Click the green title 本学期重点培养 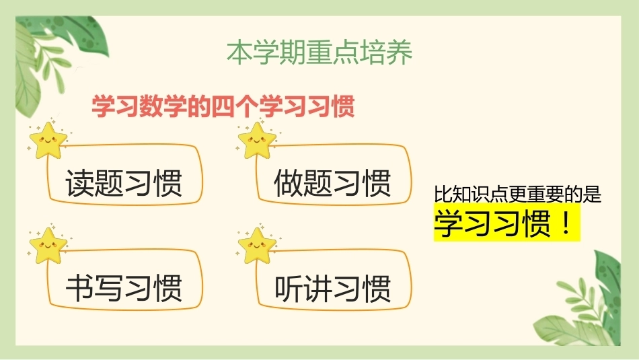point(319,52)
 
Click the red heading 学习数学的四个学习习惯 point(223,106)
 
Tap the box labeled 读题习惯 point(125,174)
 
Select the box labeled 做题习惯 point(334,174)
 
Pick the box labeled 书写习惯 point(125,280)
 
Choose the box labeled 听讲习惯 point(334,280)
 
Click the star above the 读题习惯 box point(48,141)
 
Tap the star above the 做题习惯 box point(257,141)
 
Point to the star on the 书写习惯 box point(48,246)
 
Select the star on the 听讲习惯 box point(257,246)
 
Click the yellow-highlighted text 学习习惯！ point(506,223)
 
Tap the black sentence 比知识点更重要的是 point(517,194)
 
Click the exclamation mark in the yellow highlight point(566,223)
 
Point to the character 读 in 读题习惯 point(80,183)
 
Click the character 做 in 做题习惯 point(289,183)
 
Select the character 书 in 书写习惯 point(80,288)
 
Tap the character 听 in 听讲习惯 point(289,288)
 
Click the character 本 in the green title point(239,52)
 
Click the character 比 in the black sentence point(443,194)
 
